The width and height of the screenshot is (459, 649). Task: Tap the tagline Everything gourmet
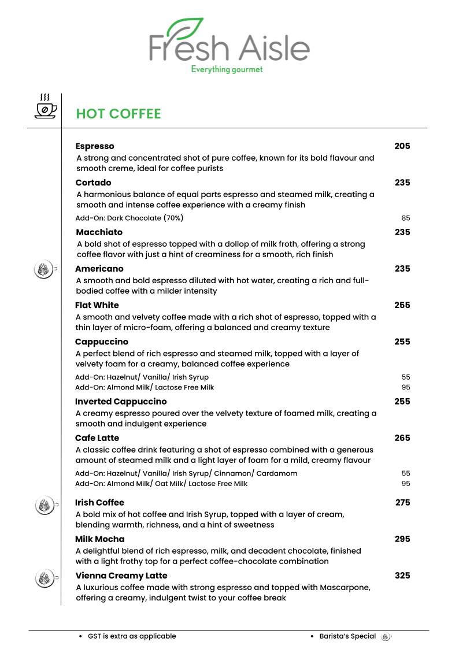227,69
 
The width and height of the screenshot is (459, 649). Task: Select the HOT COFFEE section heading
119,114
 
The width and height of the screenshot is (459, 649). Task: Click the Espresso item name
95,146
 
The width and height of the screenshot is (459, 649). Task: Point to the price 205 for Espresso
402,146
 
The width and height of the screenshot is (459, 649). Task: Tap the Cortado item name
93,183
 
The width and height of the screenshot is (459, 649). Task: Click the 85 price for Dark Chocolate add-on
405,218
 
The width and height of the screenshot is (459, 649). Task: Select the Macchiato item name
99,232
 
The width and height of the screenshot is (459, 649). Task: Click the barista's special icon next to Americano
44,269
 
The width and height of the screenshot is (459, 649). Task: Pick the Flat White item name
97,305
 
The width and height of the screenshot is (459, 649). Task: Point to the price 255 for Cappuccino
402,342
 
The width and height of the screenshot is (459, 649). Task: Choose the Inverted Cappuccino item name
121,402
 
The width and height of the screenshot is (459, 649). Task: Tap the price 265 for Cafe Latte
402,438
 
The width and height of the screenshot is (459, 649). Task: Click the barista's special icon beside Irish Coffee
44,505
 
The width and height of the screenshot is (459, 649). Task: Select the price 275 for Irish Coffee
402,503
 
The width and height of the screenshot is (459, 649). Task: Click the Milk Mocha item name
100,539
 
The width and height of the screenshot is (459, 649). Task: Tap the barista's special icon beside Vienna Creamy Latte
44,578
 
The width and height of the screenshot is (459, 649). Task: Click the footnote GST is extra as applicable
132,636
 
